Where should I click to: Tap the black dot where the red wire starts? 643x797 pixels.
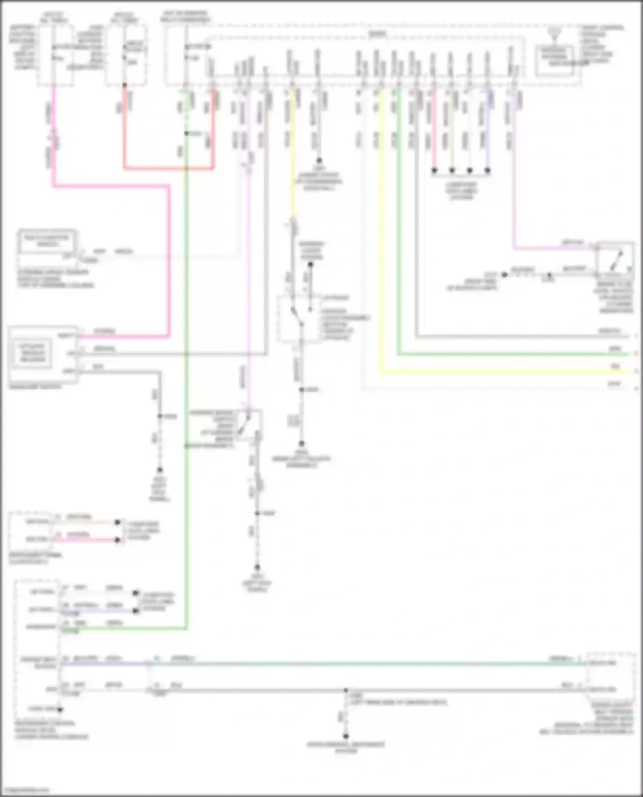coord(125,85)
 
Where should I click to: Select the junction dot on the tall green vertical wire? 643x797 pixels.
coord(186,134)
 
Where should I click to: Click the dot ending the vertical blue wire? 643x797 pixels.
coord(487,170)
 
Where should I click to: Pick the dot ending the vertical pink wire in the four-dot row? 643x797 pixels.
coord(434,170)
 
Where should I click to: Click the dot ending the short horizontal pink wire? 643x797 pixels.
coord(117,540)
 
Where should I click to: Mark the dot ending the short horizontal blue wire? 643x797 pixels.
coord(136,611)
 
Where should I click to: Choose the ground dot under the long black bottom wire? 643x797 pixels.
coord(346,736)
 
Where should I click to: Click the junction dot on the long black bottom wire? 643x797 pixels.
coord(346,690)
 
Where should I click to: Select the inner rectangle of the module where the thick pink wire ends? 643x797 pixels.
coord(32,353)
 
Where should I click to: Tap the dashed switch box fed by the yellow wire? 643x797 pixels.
coord(298,319)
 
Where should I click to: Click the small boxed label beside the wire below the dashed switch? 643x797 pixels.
coord(294,421)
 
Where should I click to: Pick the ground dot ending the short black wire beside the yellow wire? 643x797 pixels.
coord(319,161)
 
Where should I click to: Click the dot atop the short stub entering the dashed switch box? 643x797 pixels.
coord(310,264)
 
